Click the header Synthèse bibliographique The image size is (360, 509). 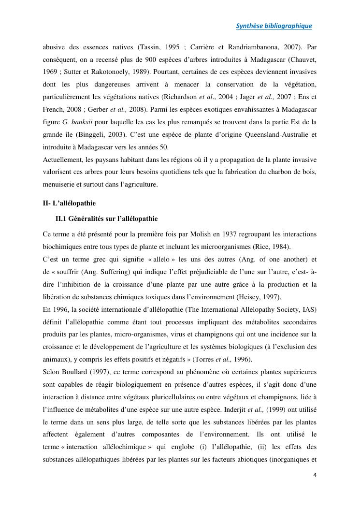click(x=274, y=26)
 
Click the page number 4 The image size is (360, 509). click(x=315, y=475)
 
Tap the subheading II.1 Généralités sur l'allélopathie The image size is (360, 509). click(x=106, y=219)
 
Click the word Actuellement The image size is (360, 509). click(x=62, y=160)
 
